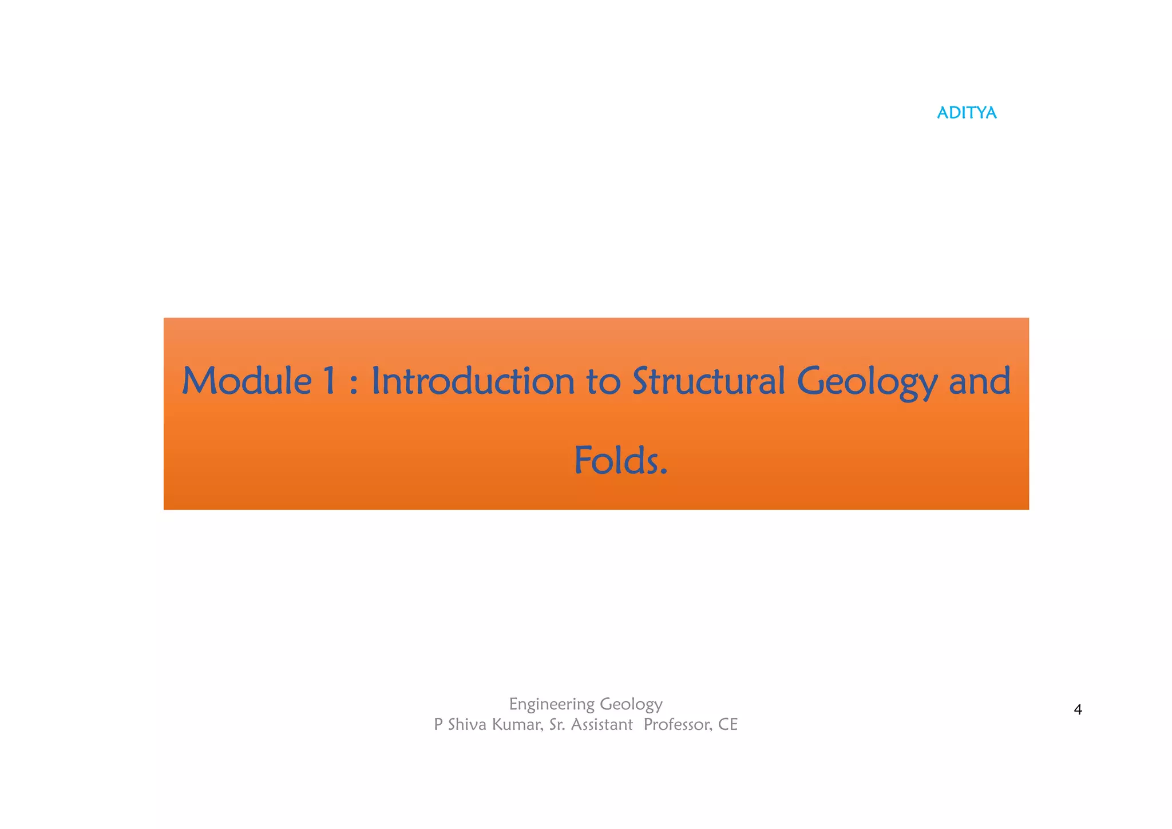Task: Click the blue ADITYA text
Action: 967,113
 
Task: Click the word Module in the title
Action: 246,381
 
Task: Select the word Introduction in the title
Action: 473,381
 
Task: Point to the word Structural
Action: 708,381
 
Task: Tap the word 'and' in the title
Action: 980,381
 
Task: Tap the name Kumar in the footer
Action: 517,724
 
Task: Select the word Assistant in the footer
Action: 601,724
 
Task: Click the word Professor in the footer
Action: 678,724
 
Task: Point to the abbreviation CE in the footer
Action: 728,724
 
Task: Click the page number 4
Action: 1078,710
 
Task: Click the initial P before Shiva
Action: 438,724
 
